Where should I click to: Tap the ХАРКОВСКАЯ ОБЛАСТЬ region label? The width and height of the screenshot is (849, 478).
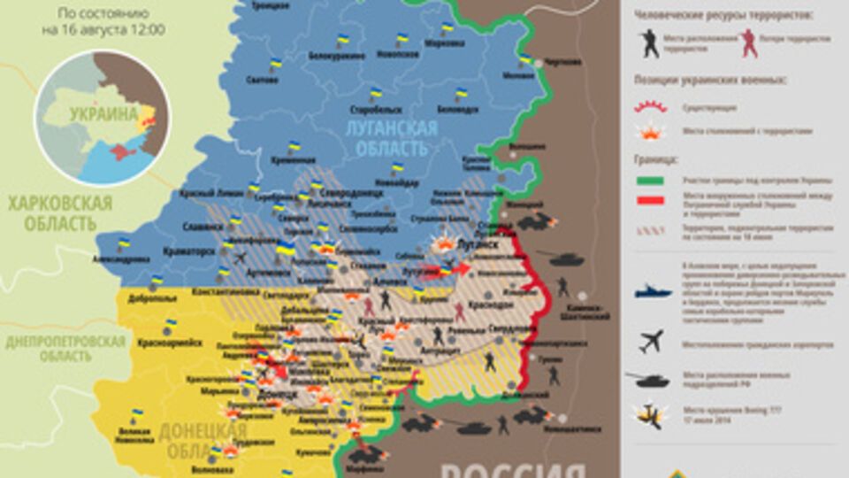coord(60,213)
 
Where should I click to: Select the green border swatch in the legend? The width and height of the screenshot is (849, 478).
coord(650,181)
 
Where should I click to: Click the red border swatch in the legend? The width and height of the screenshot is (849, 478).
coord(650,201)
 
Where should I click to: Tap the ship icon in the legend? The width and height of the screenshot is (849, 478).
coord(653,290)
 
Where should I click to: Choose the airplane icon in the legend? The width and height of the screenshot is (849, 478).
coord(651,340)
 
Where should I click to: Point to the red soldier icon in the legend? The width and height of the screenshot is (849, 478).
coord(749,42)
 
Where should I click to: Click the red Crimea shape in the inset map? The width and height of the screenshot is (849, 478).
coord(119,152)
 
